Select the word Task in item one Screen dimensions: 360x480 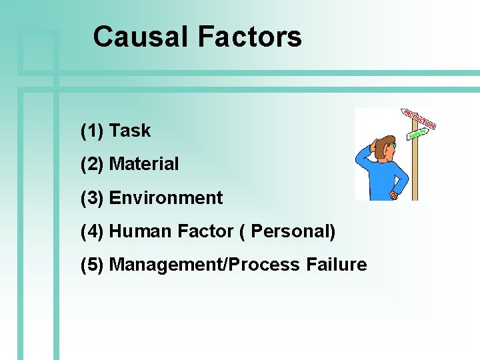[130, 131]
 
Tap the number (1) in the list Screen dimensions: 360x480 [92, 131]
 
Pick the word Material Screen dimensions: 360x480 [144, 164]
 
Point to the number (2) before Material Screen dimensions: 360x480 [92, 164]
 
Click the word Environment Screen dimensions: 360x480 [165, 198]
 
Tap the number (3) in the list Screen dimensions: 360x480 [92, 198]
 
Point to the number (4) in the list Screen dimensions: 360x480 [92, 231]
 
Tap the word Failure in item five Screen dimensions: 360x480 [337, 265]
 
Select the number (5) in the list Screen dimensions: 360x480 [92, 265]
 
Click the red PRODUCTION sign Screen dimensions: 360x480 [419, 119]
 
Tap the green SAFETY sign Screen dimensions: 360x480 [417, 133]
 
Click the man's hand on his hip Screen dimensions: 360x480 [394, 195]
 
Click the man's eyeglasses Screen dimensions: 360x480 [393, 144]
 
